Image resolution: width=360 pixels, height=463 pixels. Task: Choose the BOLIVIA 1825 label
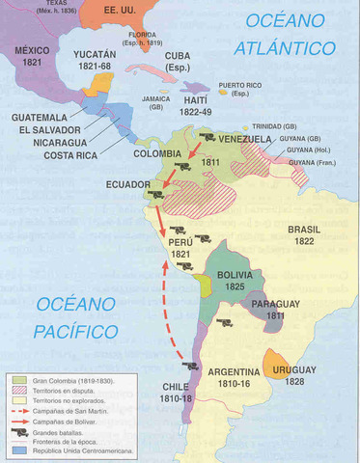235,280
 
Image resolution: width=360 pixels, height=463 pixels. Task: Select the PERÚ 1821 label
180,247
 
